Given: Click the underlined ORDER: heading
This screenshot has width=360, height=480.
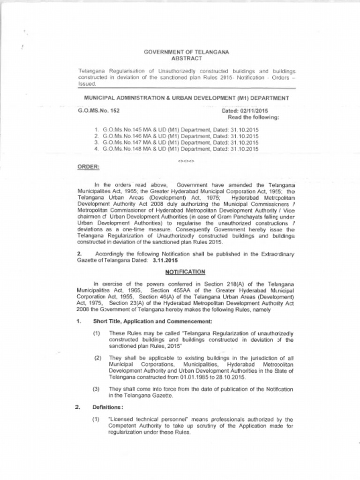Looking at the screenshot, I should point(88,166).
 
